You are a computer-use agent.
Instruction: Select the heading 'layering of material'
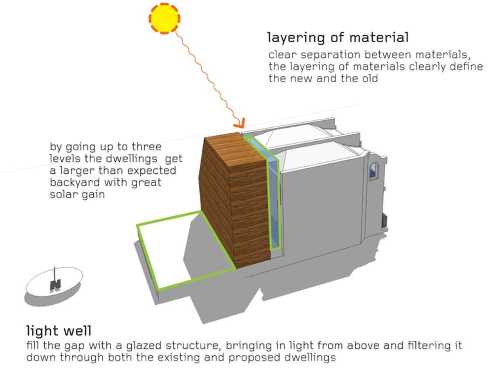point(338,38)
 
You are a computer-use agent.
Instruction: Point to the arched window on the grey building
point(374,171)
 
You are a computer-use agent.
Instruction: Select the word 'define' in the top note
point(469,66)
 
